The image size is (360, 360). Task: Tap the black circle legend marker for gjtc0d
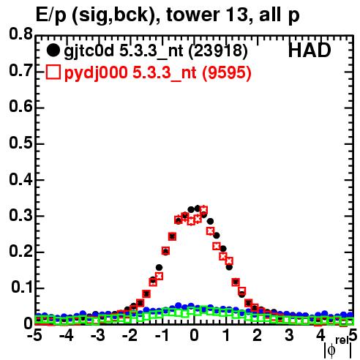coord(53,50)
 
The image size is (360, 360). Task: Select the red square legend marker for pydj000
coord(53,72)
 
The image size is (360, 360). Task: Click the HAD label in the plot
coord(310,50)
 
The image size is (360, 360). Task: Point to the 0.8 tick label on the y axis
coord(20,34)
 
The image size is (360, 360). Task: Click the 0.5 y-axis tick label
coord(20,143)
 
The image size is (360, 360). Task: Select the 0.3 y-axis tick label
coord(20,215)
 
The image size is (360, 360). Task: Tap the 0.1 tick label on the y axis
coord(21,288)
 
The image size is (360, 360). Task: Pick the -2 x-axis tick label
coord(131,335)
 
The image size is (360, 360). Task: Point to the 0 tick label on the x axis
coord(194,335)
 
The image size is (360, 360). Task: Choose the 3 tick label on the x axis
coord(289,335)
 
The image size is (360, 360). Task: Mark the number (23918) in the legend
coord(218,51)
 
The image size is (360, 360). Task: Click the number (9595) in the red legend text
coord(227,72)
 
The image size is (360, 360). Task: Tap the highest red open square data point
coord(203,210)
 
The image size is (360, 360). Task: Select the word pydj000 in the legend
coord(96,73)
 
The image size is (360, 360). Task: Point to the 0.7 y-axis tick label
coord(20,70)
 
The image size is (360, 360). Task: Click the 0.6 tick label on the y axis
coord(20,107)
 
